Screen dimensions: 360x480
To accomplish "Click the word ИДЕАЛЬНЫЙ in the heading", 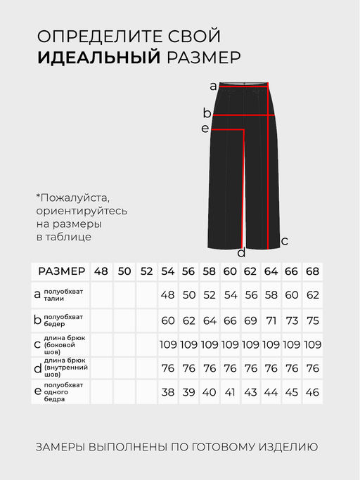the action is (99, 58).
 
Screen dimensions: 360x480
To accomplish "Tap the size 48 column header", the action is (101, 271).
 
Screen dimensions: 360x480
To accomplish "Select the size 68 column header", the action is (313, 271).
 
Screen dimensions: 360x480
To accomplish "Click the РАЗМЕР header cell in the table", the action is (62, 271).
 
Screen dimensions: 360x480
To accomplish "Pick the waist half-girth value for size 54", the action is (167, 295).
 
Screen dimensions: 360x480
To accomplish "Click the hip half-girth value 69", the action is (251, 320).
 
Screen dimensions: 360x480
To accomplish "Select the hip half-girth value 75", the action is (313, 320).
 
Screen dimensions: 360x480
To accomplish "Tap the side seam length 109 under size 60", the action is (230, 344).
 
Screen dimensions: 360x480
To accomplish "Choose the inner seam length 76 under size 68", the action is (313, 368).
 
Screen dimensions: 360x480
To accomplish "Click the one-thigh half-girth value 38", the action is (167, 392).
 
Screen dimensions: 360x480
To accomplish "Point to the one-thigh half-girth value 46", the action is (313, 392).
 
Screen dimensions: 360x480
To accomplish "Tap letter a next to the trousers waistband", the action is (213, 86).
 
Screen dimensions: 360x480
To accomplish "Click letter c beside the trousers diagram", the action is (284, 241).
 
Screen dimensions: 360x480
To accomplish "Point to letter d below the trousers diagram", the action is (241, 253).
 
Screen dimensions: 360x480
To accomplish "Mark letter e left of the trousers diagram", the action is (205, 129).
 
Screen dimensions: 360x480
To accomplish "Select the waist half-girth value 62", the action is (313, 295).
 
